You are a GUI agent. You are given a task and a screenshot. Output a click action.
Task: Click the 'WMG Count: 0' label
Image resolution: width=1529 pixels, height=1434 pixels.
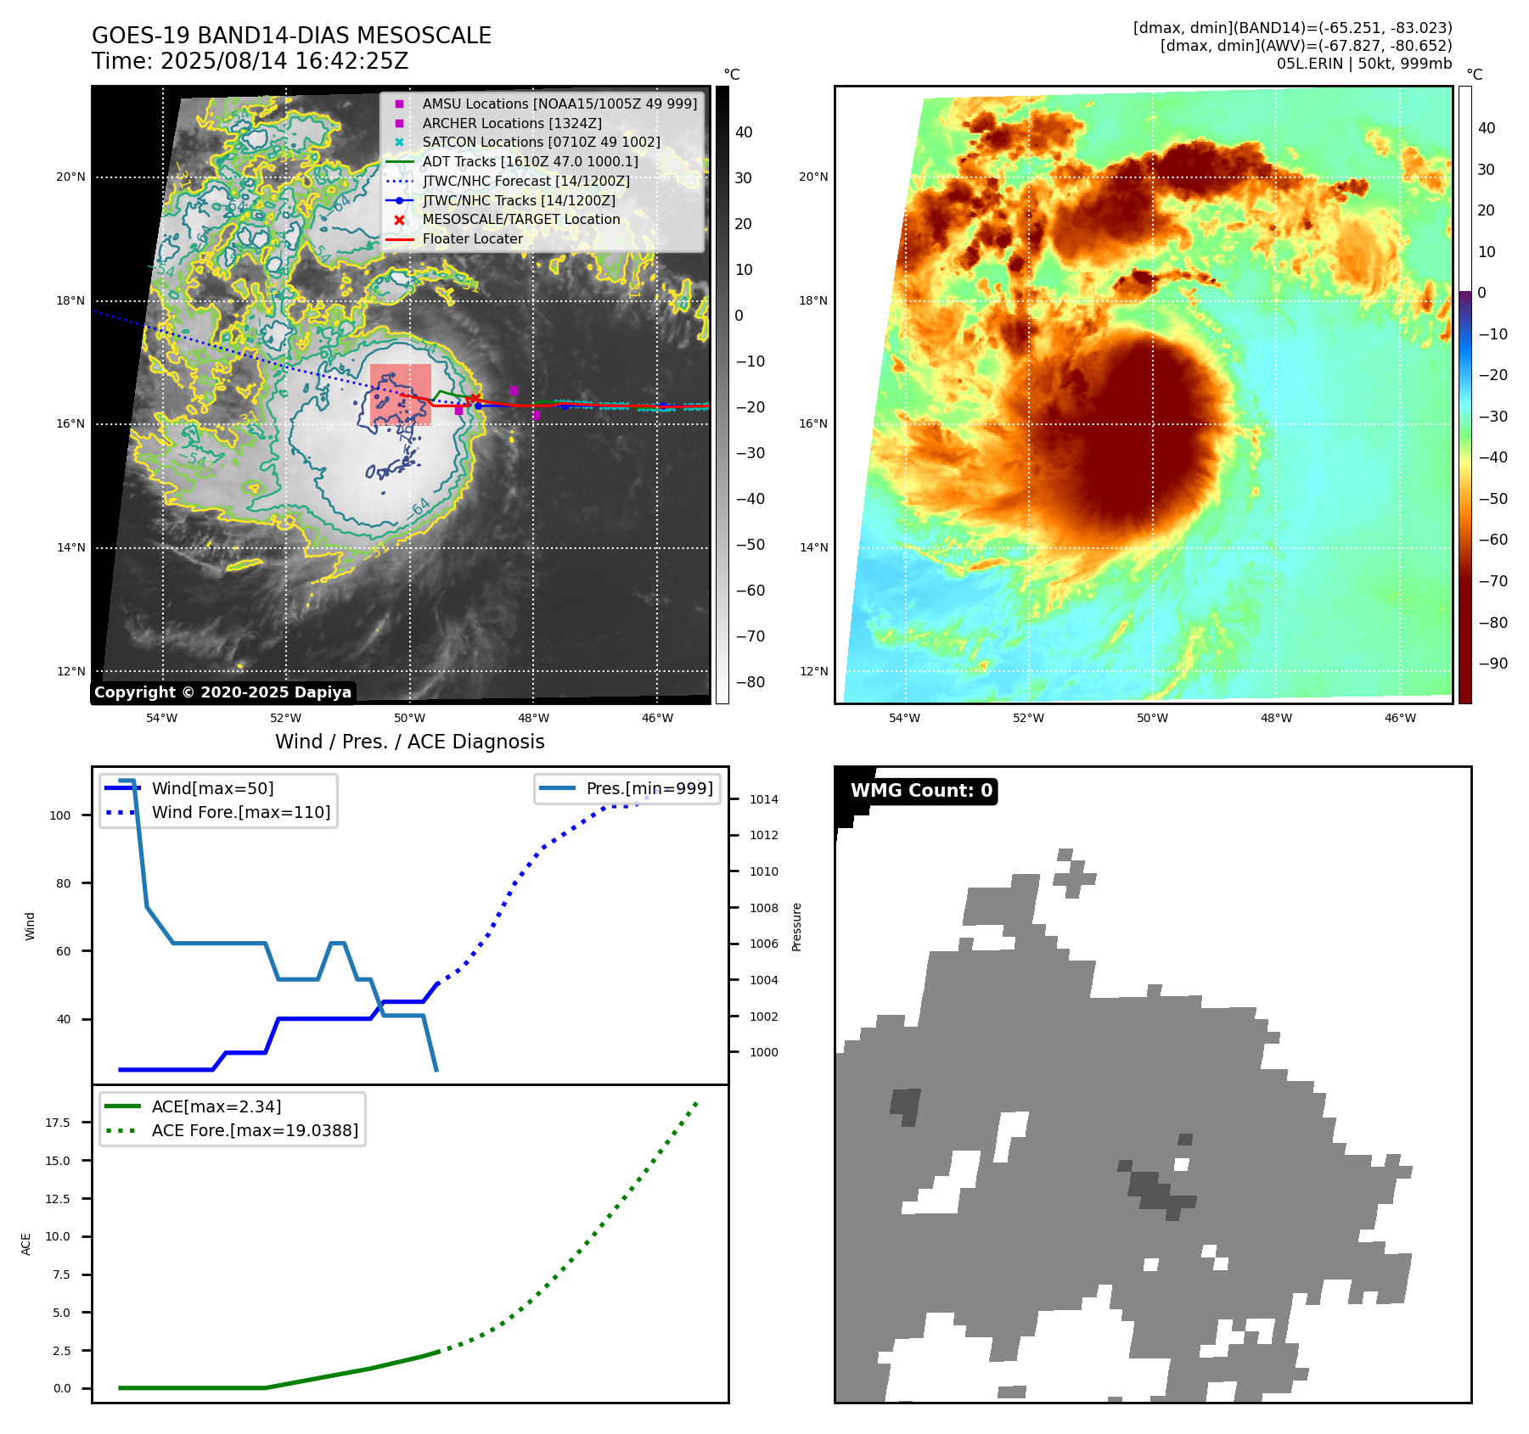921,791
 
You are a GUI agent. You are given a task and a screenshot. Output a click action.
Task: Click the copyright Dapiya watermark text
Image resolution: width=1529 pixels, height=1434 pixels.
222,692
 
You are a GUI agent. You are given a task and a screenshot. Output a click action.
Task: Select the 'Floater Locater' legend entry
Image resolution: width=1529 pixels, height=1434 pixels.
472,239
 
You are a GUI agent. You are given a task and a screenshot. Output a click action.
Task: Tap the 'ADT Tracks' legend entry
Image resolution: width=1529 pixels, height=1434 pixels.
530,161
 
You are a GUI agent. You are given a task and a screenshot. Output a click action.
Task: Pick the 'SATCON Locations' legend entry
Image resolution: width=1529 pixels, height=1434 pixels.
541,142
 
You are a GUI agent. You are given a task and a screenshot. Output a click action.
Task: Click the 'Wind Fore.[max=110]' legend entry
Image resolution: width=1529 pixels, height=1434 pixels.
240,812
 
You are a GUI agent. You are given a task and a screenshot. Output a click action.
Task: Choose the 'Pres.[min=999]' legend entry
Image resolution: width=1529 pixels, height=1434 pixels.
649,788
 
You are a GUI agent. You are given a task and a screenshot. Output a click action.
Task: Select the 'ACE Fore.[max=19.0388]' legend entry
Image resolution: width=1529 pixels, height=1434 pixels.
255,1130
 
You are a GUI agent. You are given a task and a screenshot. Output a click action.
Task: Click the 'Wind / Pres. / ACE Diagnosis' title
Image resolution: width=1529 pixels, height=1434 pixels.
409,742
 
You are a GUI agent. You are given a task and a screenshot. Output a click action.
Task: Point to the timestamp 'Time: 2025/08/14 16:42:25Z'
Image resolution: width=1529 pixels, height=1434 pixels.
250,61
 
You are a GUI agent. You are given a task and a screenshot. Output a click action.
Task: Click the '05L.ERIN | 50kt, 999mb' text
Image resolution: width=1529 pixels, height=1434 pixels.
1363,64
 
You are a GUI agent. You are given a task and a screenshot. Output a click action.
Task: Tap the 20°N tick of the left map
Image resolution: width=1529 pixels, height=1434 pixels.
70,177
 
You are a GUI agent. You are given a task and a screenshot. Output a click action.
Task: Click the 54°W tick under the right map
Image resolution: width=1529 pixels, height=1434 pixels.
904,718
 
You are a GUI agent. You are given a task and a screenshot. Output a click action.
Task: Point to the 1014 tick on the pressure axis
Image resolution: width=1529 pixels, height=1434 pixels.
763,799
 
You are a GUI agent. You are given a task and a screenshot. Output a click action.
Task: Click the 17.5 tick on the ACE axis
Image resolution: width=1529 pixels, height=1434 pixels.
58,1123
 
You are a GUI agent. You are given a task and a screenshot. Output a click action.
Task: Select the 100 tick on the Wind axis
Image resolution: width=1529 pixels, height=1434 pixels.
60,815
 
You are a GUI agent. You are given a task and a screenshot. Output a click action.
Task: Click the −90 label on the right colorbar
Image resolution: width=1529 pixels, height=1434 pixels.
1492,664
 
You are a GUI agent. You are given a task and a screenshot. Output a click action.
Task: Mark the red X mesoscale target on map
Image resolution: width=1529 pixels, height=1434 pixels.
475,399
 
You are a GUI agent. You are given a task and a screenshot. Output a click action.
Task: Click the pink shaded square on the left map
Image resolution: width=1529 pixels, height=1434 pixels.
401,394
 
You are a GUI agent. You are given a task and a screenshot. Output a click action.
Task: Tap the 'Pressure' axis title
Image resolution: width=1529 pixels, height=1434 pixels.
796,927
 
